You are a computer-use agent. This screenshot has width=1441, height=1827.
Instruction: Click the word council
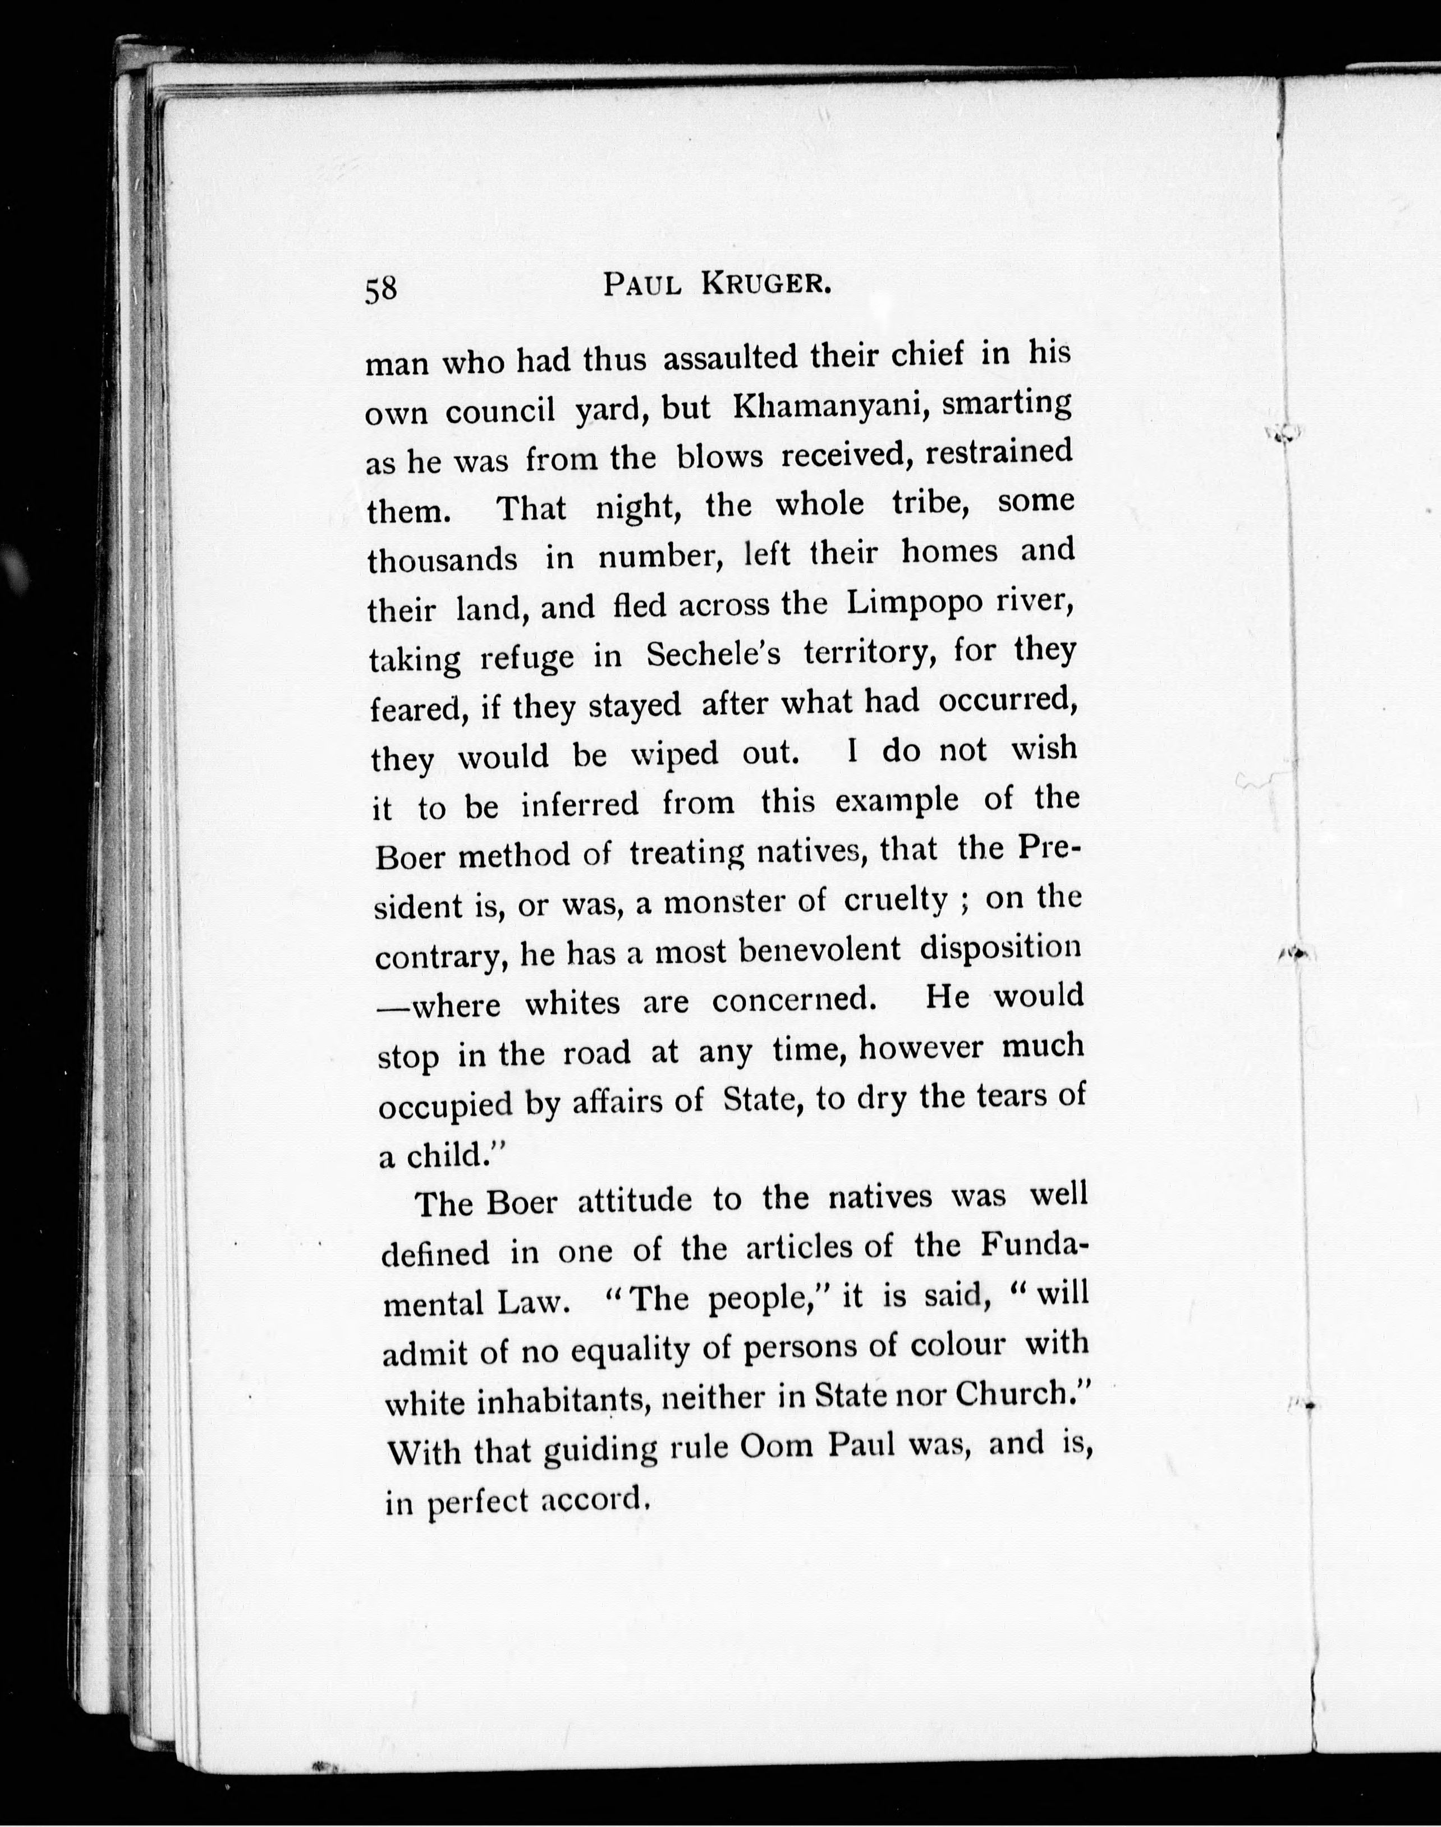point(499,412)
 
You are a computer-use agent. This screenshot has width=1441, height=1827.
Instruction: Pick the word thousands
point(442,559)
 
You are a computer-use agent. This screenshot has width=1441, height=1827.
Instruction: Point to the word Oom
point(774,1446)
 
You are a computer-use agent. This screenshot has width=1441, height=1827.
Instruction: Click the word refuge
point(526,659)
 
